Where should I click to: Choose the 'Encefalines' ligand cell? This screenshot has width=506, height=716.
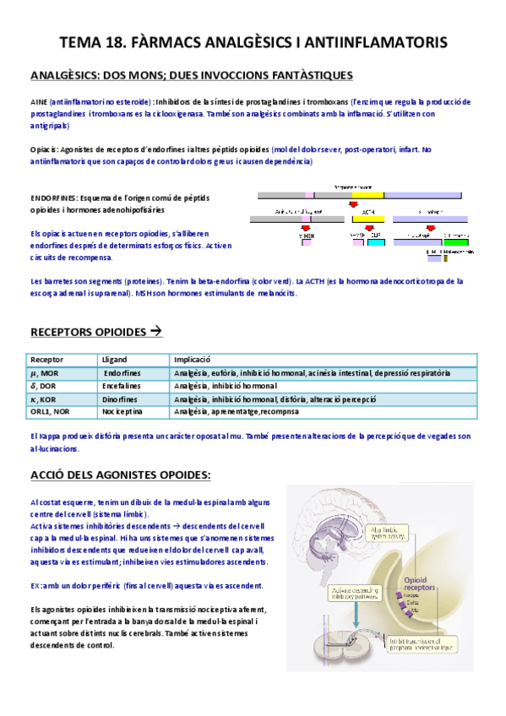point(120,386)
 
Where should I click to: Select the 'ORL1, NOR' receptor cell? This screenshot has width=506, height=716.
point(50,411)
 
